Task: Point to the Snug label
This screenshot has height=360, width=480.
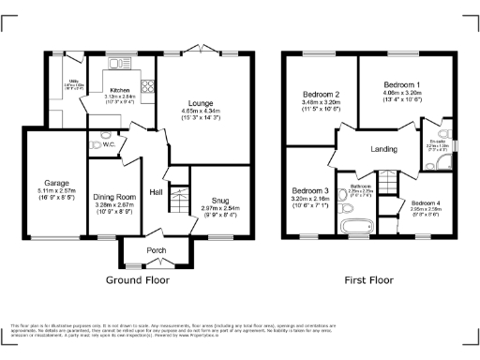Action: click(219, 200)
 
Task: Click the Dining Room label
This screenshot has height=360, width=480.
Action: click(114, 197)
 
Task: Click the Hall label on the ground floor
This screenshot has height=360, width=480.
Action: click(156, 192)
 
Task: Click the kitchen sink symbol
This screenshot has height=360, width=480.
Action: click(118, 64)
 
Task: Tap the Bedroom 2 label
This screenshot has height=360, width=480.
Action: click(321, 95)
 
